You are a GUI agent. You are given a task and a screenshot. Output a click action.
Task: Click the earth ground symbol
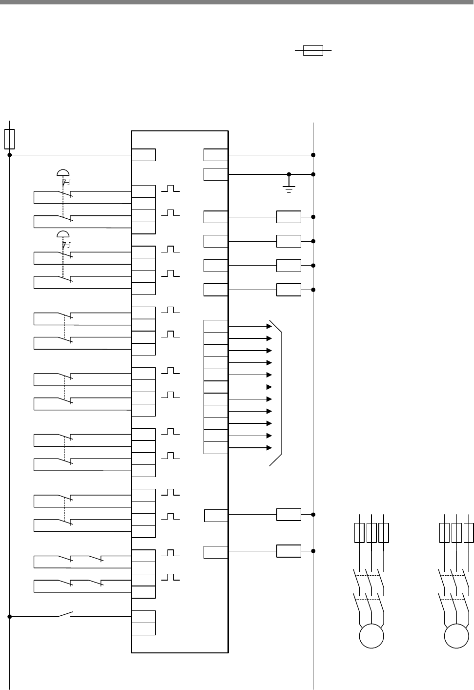point(289,188)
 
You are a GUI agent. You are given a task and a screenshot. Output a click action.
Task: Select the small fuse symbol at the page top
point(313,50)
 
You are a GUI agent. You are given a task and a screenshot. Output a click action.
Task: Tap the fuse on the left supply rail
point(9,139)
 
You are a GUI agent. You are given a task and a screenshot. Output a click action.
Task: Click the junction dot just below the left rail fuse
point(10,155)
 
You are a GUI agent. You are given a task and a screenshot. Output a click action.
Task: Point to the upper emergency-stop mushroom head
point(63,172)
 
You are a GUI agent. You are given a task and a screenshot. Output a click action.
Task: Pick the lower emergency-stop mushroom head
point(63,233)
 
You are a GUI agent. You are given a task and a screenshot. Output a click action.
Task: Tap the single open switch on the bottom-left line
point(65,614)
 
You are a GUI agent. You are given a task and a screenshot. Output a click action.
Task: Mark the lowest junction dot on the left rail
point(10,616)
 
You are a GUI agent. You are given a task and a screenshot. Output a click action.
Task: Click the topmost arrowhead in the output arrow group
point(269,326)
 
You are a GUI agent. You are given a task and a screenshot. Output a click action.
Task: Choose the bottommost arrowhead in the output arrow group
point(269,448)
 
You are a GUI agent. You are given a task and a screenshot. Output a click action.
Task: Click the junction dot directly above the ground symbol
point(289,174)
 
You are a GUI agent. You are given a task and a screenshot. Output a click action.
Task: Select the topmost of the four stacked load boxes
point(289,217)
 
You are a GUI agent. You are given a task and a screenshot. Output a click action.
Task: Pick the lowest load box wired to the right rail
point(289,551)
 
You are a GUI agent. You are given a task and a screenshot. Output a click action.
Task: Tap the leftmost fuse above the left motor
point(359,533)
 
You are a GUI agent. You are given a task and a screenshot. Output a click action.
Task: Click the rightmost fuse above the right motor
point(469,533)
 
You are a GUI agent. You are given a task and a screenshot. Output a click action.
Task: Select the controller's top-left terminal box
point(144,155)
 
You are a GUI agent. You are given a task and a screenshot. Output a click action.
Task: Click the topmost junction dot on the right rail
point(313,155)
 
